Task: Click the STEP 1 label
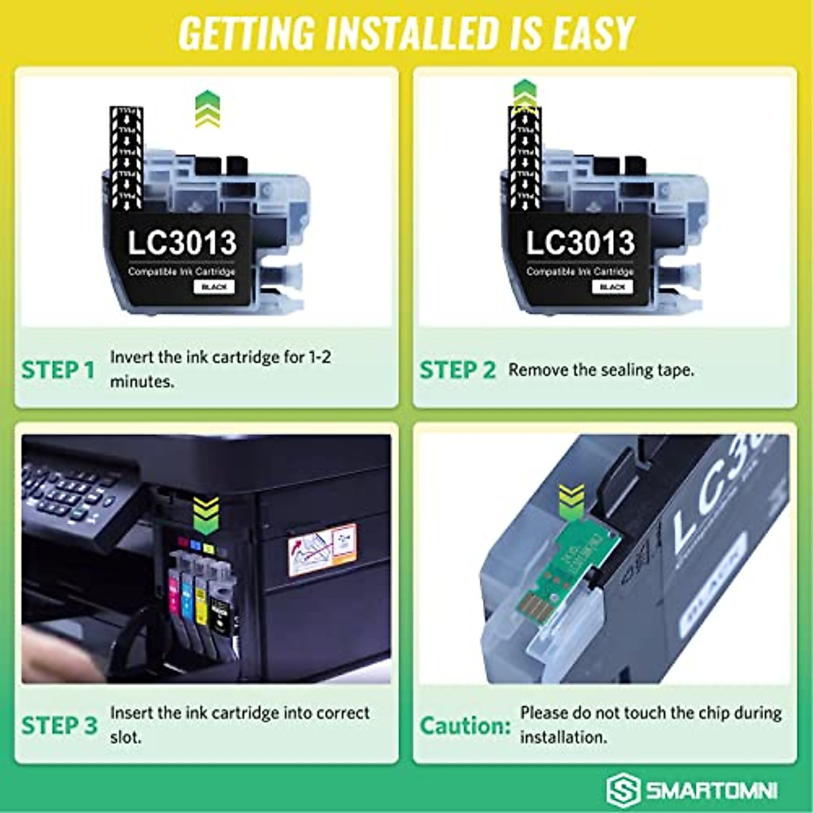(x=58, y=370)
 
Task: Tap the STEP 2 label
(x=457, y=370)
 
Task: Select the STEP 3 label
(x=60, y=725)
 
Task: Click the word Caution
(x=465, y=726)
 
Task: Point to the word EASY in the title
(x=593, y=33)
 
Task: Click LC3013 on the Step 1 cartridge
(x=182, y=243)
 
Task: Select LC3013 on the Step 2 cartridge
(x=581, y=243)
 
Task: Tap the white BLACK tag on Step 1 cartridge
(x=214, y=287)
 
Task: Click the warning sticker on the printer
(x=322, y=549)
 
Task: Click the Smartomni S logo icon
(x=622, y=790)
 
